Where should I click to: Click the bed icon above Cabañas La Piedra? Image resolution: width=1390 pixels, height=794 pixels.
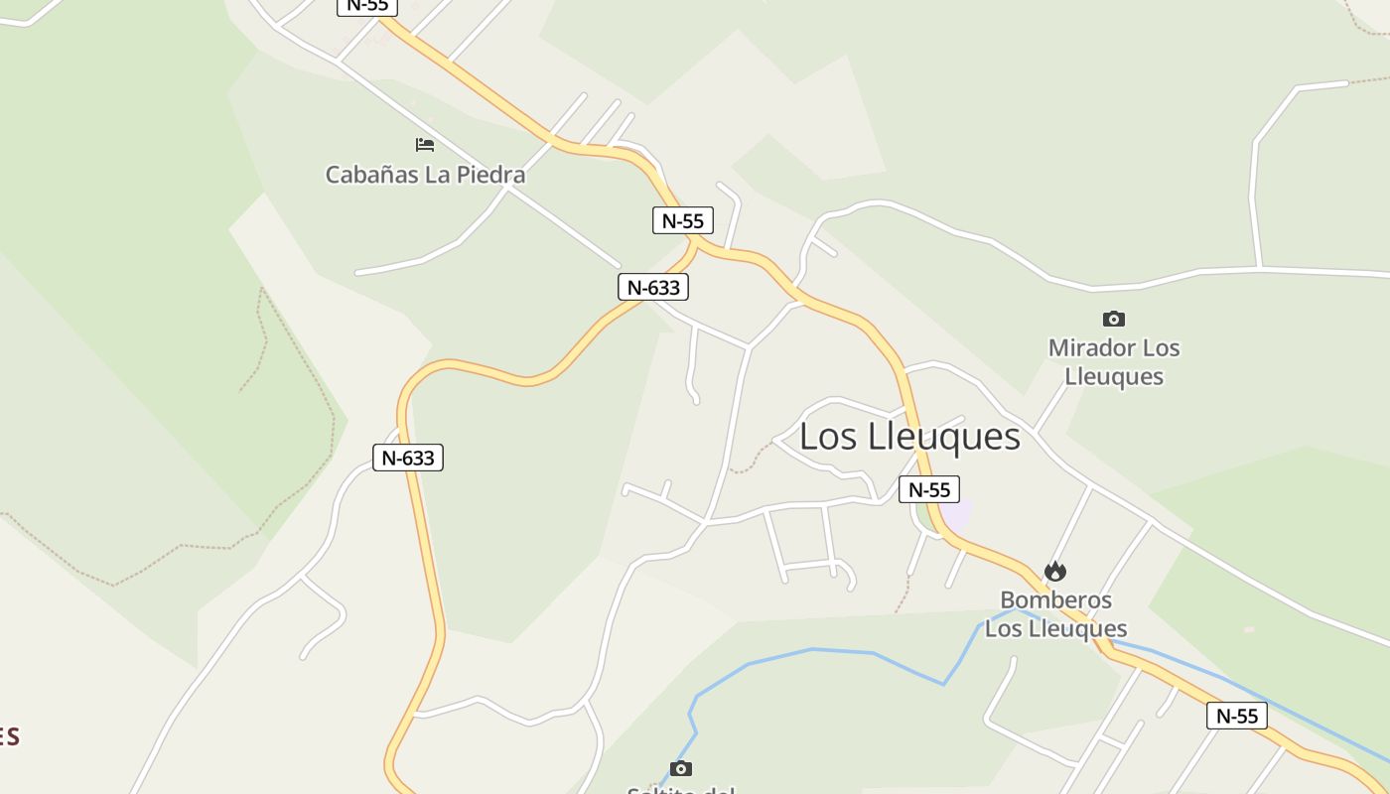pyautogui.click(x=425, y=145)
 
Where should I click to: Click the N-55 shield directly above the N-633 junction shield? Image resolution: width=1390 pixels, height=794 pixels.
pyautogui.click(x=682, y=220)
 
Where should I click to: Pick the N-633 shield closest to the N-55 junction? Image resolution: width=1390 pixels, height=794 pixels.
pyautogui.click(x=652, y=287)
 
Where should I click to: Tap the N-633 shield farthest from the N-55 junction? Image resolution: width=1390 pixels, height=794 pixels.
pyautogui.click(x=407, y=458)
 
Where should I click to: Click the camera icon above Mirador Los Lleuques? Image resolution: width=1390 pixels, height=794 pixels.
pyautogui.click(x=1114, y=319)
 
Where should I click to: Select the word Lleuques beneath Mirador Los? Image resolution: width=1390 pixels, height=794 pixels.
pyautogui.click(x=1114, y=377)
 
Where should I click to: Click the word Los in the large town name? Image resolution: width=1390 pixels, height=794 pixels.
pyautogui.click(x=828, y=437)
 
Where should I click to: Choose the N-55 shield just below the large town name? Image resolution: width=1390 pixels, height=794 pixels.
pyautogui.click(x=928, y=489)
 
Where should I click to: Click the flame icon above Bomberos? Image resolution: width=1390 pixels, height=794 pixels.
pyautogui.click(x=1054, y=572)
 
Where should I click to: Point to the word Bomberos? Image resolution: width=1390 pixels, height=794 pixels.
pyautogui.click(x=1055, y=600)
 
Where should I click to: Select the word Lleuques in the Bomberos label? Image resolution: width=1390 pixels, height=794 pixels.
pyautogui.click(x=1077, y=629)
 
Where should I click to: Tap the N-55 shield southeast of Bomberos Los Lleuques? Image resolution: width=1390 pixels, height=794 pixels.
pyautogui.click(x=1236, y=716)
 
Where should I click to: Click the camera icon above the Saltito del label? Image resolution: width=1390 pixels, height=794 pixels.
pyautogui.click(x=680, y=768)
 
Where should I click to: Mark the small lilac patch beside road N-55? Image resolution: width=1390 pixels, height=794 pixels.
pyautogui.click(x=957, y=512)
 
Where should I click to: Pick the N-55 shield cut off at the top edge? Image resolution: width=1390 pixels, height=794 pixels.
pyautogui.click(x=367, y=5)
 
